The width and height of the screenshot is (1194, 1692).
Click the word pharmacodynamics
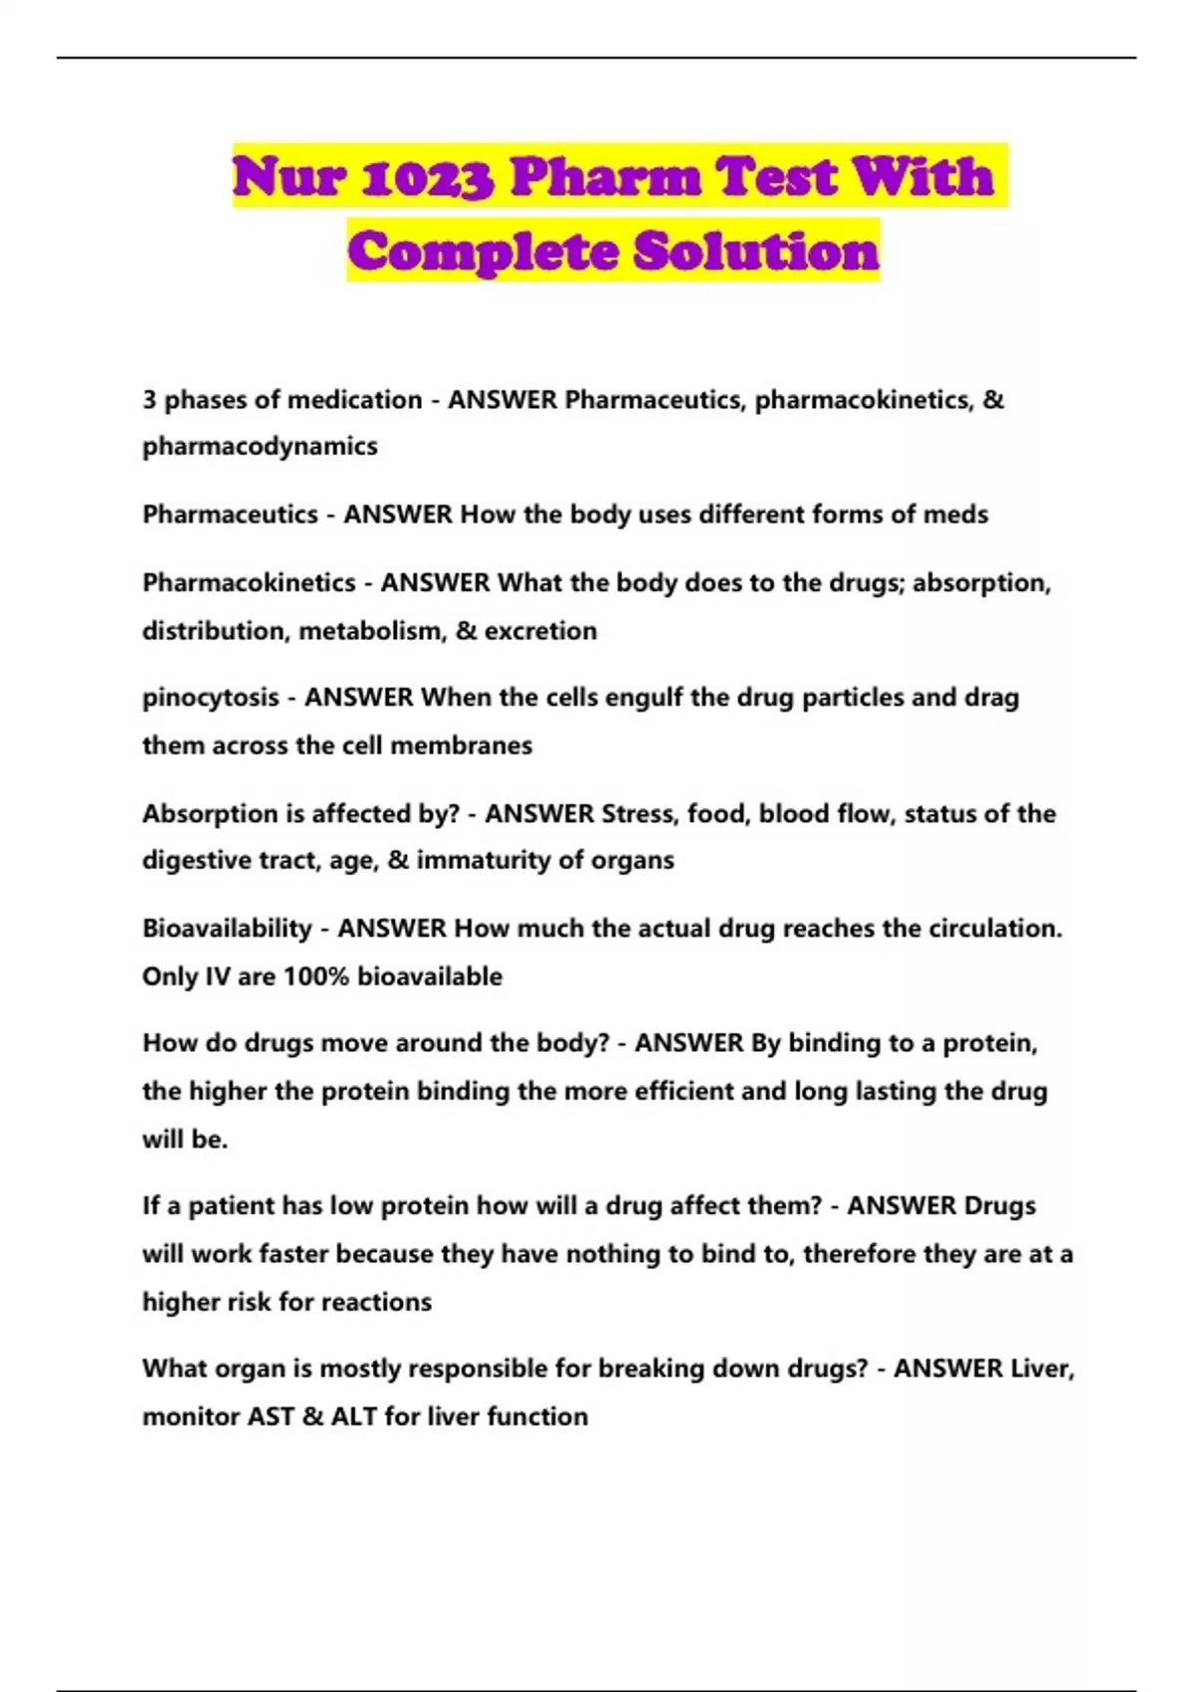[260, 446]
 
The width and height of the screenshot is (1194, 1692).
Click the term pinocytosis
[210, 698]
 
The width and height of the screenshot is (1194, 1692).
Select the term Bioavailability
[227, 928]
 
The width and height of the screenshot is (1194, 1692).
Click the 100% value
[316, 976]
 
